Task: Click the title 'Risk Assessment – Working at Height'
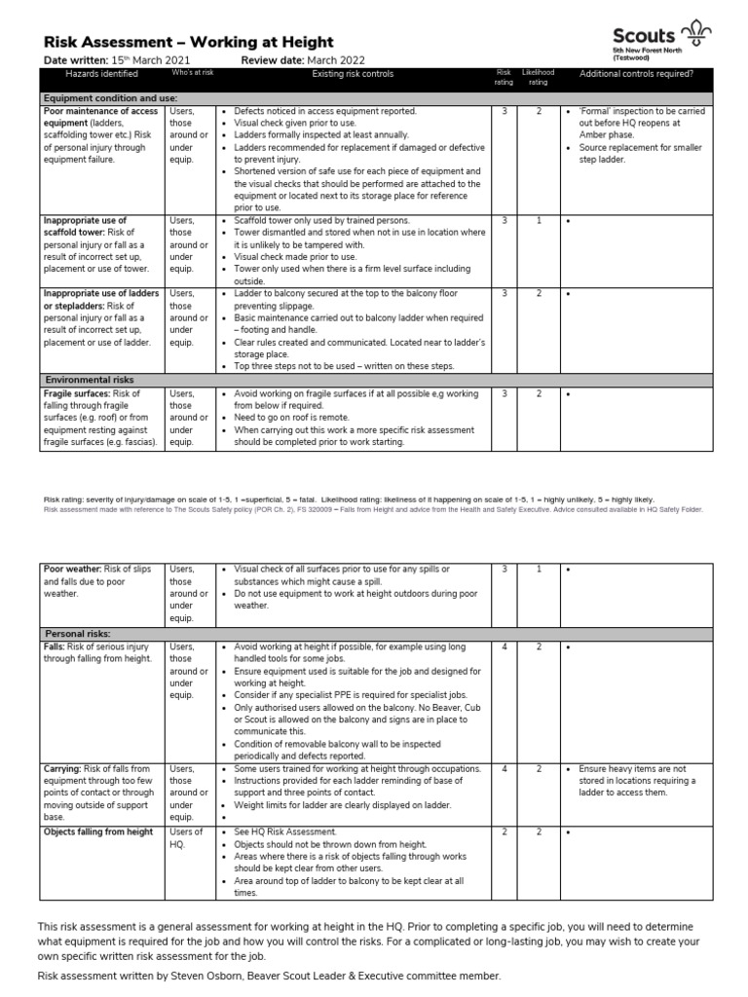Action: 189,42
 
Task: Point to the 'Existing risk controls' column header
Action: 353,74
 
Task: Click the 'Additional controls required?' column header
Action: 636,74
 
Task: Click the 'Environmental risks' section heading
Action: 90,379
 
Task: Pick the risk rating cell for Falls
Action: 504,646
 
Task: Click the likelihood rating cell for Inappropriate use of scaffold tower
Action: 537,221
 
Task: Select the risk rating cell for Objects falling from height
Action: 504,831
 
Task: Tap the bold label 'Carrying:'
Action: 64,768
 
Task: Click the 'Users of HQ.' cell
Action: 186,837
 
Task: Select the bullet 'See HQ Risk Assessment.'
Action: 285,831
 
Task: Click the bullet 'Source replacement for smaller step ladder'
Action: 630,153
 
